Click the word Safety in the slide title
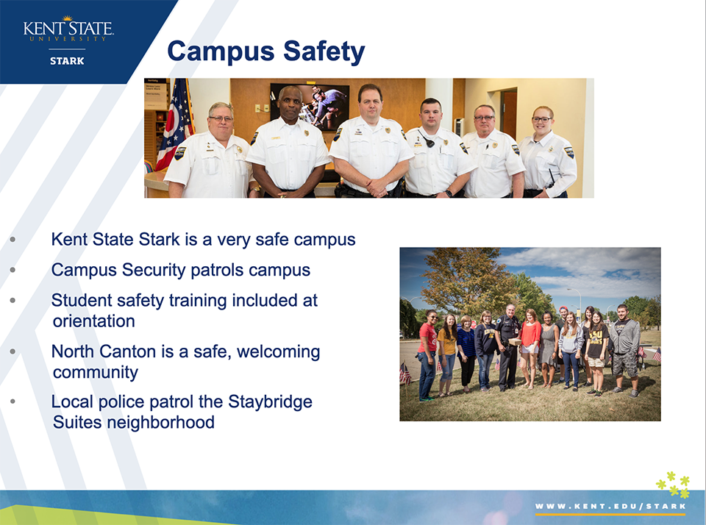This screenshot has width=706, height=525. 324,52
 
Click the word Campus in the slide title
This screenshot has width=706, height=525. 221,51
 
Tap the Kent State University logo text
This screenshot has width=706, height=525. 68,29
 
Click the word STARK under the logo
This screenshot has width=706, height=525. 67,61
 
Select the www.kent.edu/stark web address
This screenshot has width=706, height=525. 610,506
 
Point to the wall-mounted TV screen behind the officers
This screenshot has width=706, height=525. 310,107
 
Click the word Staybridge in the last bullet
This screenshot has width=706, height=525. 270,401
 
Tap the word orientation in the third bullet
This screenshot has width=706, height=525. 93,321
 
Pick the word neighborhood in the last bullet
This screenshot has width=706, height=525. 160,422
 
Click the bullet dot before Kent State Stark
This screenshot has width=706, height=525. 13,240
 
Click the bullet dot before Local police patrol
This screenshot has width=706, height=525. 13,401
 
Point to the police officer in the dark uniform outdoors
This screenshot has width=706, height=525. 508,347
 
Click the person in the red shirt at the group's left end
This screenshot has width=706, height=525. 428,355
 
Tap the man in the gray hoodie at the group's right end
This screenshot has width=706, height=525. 626,351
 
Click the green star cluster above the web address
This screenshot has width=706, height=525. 673,484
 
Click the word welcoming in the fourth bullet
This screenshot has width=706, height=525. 278,351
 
